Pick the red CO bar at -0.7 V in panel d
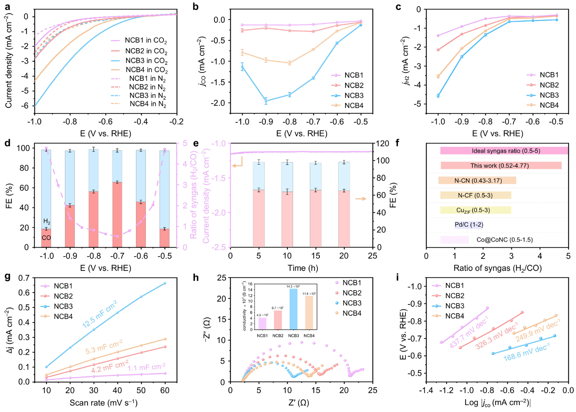[x=117, y=214]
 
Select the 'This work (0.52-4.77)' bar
[x=501, y=166]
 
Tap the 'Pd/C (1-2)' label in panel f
[x=469, y=225]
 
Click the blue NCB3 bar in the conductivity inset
[x=293, y=309]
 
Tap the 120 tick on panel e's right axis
[x=382, y=144]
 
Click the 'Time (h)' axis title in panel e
[x=303, y=268]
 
